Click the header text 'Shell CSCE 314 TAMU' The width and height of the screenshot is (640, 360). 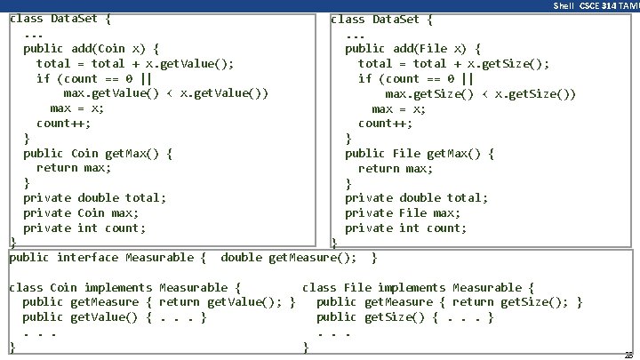[595, 5]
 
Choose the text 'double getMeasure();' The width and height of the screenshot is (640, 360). [289, 258]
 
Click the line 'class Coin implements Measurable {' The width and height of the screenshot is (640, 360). [124, 287]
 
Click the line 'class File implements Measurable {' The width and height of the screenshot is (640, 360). [418, 287]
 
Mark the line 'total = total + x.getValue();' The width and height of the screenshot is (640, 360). [135, 63]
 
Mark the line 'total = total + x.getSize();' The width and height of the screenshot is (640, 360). [453, 63]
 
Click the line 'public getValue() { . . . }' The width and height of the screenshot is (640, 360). [115, 317]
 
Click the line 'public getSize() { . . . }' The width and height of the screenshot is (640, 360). [405, 317]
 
